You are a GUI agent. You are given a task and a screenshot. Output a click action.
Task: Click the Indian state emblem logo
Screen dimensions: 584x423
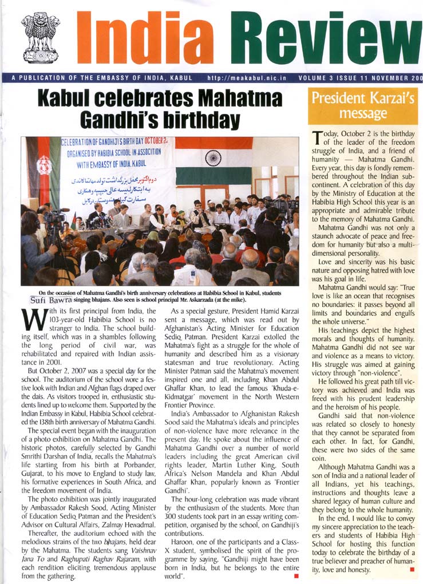[40, 38]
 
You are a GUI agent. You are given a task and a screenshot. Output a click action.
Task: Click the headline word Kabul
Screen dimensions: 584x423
[71, 98]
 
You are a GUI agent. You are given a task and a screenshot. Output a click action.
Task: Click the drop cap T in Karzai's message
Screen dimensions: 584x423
[317, 137]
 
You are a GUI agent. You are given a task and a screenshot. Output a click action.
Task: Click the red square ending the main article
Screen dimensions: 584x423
[296, 575]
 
